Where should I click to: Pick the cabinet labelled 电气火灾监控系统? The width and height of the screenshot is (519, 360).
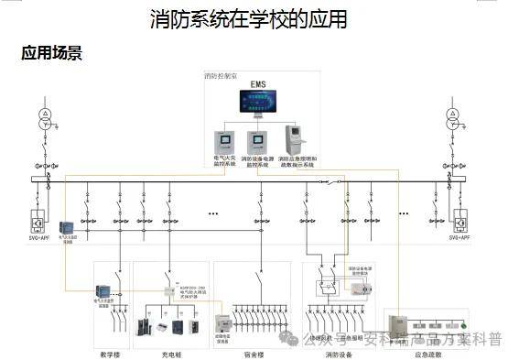tap(224, 142)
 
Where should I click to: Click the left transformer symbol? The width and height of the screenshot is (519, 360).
tap(43, 118)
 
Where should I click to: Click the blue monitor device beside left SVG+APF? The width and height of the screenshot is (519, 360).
tap(66, 227)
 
